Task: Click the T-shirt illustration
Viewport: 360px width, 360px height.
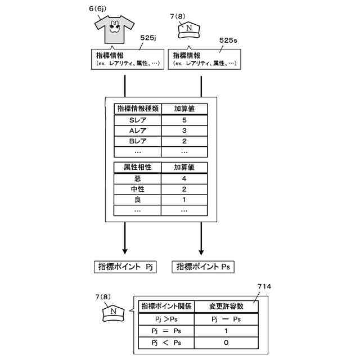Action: click(115, 29)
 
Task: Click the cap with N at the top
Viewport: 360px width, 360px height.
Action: click(189, 30)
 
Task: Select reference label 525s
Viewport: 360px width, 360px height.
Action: click(228, 40)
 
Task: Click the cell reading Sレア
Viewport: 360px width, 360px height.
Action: click(137, 120)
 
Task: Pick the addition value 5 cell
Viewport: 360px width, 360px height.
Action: click(184, 120)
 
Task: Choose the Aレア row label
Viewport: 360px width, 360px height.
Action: click(137, 130)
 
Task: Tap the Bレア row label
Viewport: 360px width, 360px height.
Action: click(137, 141)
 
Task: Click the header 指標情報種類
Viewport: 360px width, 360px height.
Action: click(137, 109)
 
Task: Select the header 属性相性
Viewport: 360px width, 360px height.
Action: click(137, 168)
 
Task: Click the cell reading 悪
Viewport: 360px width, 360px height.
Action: click(137, 179)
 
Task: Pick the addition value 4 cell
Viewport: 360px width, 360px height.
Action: click(184, 179)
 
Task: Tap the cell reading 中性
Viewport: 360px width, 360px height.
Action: click(137, 189)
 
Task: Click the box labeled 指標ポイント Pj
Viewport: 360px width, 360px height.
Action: click(125, 267)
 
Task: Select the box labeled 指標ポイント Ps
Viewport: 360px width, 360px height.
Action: click(203, 267)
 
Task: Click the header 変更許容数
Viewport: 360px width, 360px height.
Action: click(226, 307)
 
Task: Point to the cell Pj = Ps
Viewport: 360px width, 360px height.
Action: click(166, 330)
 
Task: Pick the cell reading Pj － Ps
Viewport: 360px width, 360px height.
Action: click(226, 319)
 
